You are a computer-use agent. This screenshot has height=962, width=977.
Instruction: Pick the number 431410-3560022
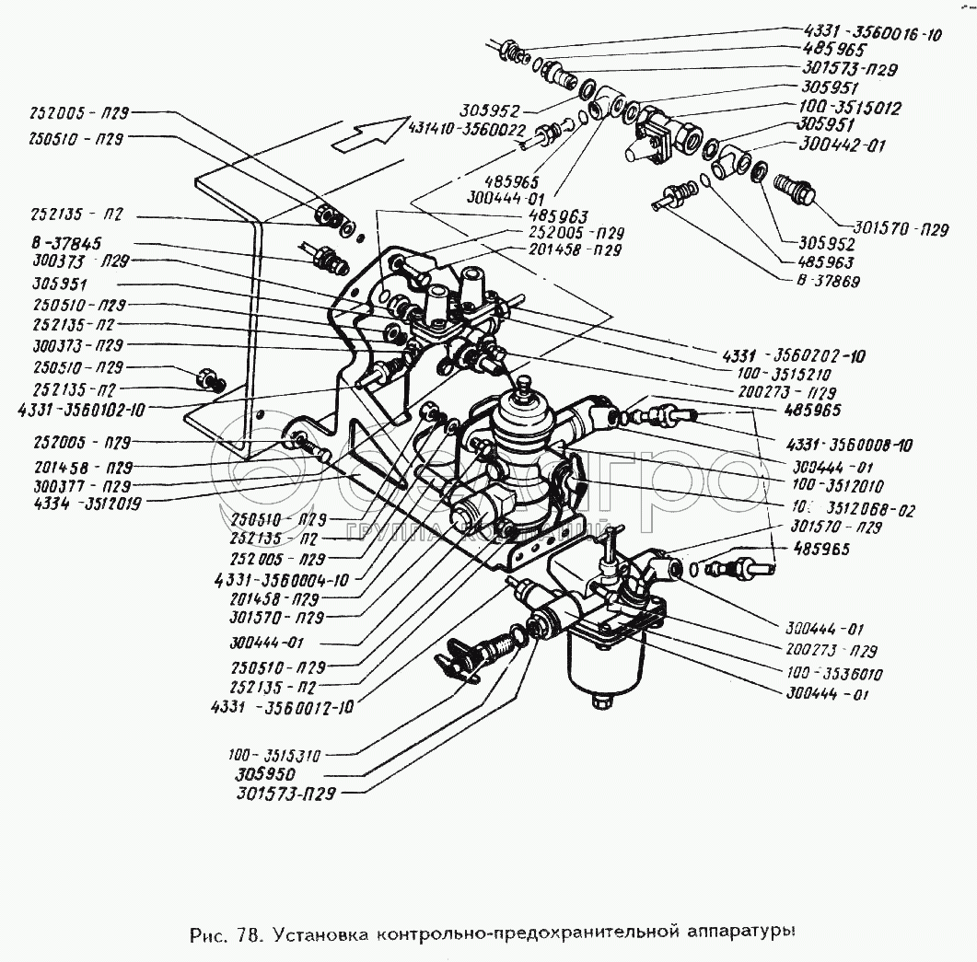pyautogui.click(x=469, y=130)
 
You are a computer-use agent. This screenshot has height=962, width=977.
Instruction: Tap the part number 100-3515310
pyautogui.click(x=276, y=756)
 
